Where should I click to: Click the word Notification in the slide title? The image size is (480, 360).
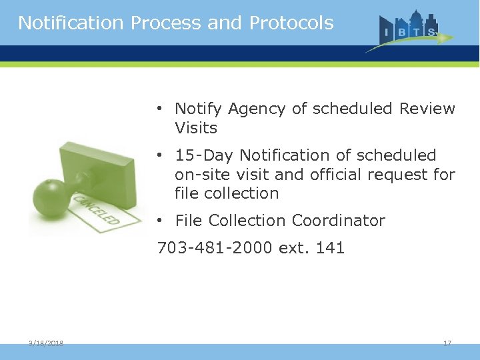[71, 23]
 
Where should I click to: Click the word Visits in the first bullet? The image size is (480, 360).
[196, 127]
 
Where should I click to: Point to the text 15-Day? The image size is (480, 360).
[205, 155]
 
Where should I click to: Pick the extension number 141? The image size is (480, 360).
[331, 249]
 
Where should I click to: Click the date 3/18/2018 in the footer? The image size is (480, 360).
[46, 343]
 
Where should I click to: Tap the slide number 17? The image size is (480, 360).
[447, 343]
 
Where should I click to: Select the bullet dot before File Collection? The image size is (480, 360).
[161, 221]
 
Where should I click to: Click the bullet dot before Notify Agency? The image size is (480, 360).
[161, 109]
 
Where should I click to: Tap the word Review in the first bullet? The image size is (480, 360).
[427, 109]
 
